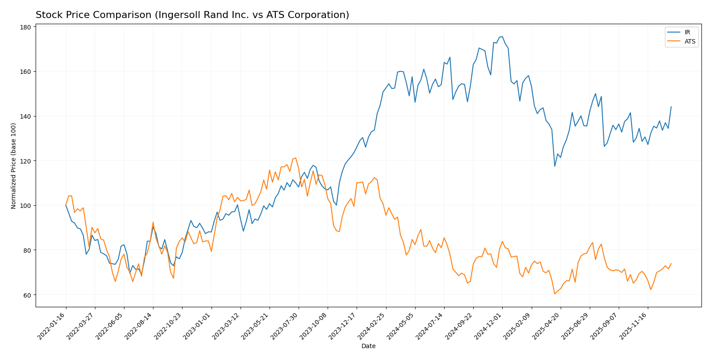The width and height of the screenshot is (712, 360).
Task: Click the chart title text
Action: pos(192,15)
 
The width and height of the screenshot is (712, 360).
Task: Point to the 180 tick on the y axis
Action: pos(25,27)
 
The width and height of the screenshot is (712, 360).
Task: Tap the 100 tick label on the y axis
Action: pos(25,206)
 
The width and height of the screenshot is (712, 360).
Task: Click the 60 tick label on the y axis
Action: pos(27,295)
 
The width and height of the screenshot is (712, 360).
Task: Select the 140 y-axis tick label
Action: pos(25,116)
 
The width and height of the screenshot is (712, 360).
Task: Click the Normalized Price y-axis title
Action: pos(14,166)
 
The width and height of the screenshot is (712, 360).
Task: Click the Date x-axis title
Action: pos(368,346)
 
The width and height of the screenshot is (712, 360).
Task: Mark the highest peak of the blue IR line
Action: pos(502,36)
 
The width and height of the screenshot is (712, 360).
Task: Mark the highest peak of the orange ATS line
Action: pos(296,158)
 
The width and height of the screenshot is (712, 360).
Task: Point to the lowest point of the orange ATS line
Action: pos(555,294)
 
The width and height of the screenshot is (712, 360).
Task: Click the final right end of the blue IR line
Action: pos(671,106)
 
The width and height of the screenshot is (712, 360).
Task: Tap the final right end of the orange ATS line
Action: pos(671,264)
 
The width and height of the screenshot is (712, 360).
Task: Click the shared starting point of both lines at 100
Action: pos(66,205)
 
